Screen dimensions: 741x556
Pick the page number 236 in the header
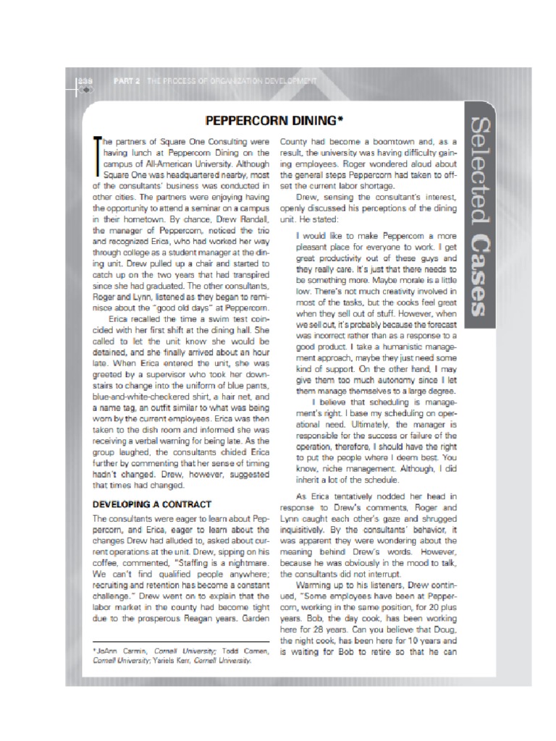85,81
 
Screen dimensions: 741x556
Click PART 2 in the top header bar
127,81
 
